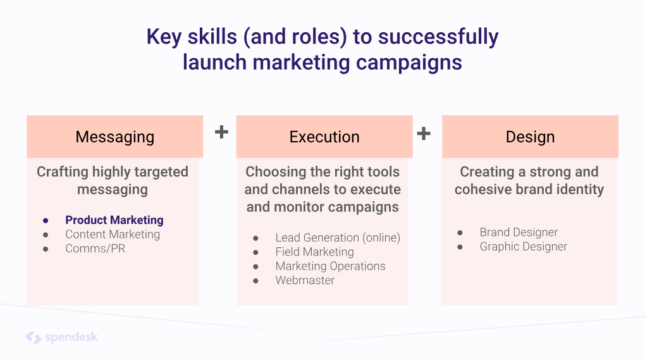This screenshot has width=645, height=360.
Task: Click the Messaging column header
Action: tap(114, 137)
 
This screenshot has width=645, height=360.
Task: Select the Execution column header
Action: tap(324, 137)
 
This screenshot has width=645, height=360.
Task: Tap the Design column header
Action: tap(530, 137)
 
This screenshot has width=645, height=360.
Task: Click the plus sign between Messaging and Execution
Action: tap(221, 132)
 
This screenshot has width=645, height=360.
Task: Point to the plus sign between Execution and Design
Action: tap(424, 133)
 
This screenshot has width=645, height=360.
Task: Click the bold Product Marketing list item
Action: tap(114, 220)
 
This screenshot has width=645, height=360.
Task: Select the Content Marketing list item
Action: tap(113, 235)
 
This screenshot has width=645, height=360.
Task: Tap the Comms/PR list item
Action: tap(95, 249)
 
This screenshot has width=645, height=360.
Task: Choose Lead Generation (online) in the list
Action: tap(338, 238)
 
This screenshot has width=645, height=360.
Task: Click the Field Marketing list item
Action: tap(315, 252)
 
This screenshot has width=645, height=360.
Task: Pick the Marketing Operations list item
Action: tap(330, 266)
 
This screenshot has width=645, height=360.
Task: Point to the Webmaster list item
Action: tap(305, 280)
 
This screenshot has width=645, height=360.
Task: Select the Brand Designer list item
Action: tap(519, 232)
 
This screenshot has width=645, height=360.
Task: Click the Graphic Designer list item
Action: tap(523, 247)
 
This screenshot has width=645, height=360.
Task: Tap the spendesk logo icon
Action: tap(34, 338)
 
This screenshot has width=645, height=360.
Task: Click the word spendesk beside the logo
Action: tap(71, 337)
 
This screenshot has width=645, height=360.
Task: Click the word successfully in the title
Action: tap(438, 37)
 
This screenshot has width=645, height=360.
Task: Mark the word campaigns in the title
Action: tap(409, 63)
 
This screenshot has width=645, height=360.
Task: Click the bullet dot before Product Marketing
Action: tap(46, 221)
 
